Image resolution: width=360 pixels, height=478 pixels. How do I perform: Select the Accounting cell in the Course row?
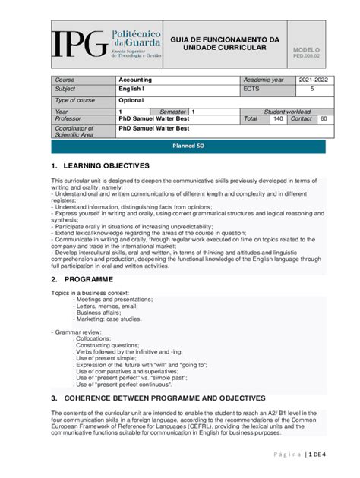coord(135,80)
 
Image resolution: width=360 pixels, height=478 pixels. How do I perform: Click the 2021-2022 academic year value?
coord(313,80)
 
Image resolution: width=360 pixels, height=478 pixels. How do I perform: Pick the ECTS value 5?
coord(312,89)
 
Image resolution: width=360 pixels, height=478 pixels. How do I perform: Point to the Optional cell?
coord(131,100)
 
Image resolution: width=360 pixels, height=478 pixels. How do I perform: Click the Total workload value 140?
coord(278,119)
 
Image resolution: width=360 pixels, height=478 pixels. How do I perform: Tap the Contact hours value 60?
coord(324,119)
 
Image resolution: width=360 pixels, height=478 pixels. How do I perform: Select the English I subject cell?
coord(131,90)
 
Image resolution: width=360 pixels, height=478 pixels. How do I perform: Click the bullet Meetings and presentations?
coord(114,299)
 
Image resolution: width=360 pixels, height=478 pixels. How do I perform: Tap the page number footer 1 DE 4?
coord(316,454)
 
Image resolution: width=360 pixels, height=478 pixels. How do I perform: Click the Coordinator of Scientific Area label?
coord(74,132)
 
